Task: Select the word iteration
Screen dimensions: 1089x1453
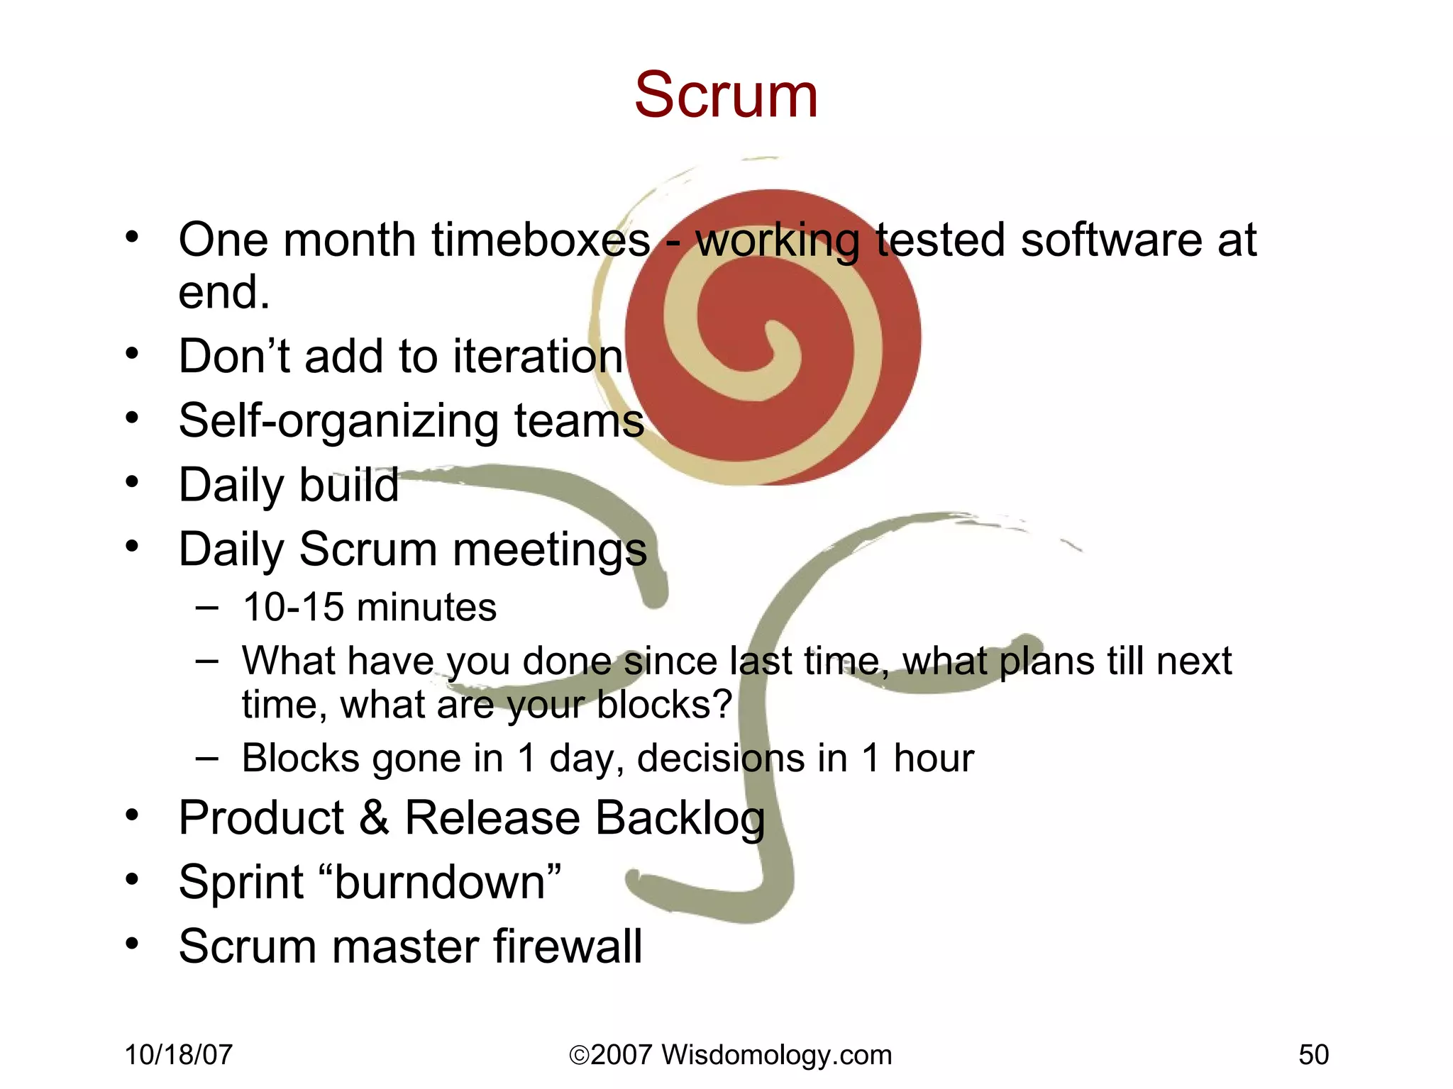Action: tap(538, 356)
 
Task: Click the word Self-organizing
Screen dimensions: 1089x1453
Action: tap(338, 421)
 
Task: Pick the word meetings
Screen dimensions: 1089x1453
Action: tap(550, 550)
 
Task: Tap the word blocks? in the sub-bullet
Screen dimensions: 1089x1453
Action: tap(664, 705)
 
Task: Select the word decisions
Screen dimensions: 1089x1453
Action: tap(721, 758)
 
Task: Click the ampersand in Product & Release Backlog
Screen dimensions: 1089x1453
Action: tap(374, 817)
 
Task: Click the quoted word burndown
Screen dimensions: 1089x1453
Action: tap(439, 883)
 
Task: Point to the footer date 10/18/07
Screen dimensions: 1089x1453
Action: tap(178, 1055)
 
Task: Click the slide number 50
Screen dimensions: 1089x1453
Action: tap(1313, 1055)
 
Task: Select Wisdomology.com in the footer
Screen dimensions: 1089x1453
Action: tap(776, 1055)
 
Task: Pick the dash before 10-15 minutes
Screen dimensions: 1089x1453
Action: tap(206, 608)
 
